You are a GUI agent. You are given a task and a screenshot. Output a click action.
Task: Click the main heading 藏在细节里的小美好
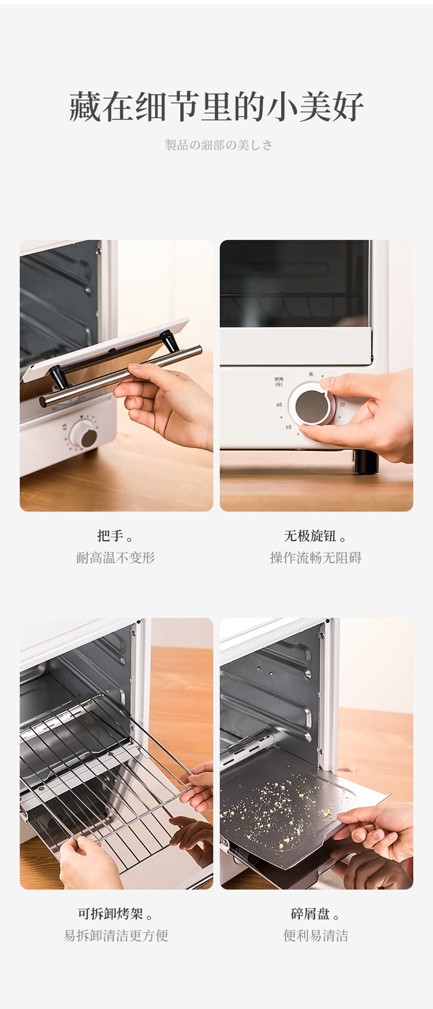point(216,107)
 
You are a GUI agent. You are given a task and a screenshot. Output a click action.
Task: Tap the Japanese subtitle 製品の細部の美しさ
point(219,145)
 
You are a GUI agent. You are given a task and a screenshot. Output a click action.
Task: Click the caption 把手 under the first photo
point(111,536)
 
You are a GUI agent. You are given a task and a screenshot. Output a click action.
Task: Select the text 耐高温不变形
point(115,558)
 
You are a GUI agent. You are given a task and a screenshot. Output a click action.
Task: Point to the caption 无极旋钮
point(310,536)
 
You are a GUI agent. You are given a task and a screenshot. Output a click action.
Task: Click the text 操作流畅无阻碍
point(316,558)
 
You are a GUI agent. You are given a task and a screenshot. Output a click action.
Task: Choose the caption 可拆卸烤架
point(110,914)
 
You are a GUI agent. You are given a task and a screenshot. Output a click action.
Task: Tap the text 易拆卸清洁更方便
point(116,936)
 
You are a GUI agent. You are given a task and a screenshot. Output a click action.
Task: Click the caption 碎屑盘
point(311,914)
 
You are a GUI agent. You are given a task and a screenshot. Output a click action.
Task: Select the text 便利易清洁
point(316,936)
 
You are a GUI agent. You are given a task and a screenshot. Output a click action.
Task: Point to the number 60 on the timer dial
point(279,405)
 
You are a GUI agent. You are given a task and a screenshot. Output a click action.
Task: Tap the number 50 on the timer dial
point(288,427)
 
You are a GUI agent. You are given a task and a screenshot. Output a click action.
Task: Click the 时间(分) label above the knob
point(279,382)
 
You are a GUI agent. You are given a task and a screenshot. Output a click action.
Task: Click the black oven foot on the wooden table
point(365,462)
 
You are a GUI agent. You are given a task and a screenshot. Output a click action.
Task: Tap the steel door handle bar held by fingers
point(121,376)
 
